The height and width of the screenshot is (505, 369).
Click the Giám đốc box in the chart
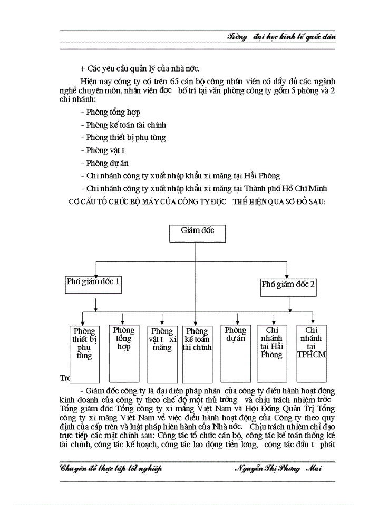coord(191,233)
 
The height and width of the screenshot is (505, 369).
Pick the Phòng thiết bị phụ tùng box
coord(84,353)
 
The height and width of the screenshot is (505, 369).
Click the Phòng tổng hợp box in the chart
coord(123,351)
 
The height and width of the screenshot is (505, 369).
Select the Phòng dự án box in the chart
coord(236,352)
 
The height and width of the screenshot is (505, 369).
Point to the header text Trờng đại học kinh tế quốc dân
coord(281,37)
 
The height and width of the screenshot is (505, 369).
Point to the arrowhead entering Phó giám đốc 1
coord(96,273)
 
